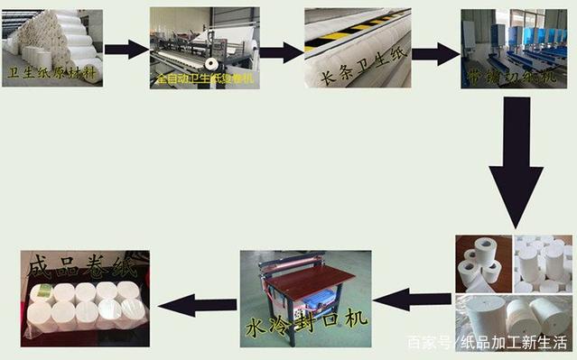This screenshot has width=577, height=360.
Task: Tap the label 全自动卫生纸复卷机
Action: click(205, 79)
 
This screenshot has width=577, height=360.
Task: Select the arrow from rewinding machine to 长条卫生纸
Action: click(281, 51)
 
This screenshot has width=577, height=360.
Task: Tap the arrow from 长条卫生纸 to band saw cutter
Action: click(435, 53)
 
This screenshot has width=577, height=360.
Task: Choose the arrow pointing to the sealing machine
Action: click(412, 298)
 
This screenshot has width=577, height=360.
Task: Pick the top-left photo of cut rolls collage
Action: click(483, 261)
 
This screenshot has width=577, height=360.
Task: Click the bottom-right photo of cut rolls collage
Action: click(542, 315)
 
